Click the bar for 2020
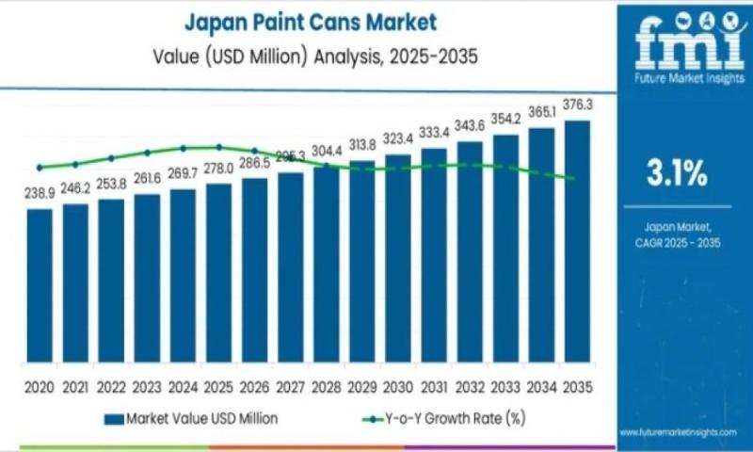click(40, 287)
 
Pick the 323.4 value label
click(398, 138)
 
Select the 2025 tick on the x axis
click(218, 386)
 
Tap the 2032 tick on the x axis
click(470, 386)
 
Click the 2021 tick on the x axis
click(75, 386)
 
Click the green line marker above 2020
click(40, 168)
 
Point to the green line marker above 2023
click(147, 152)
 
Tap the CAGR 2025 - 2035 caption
click(675, 242)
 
